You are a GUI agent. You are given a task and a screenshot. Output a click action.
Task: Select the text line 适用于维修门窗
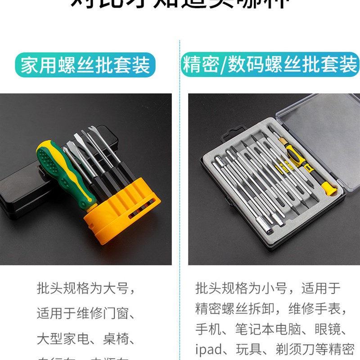(x=85, y=313)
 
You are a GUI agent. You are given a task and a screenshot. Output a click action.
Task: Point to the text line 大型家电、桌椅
(x=85, y=337)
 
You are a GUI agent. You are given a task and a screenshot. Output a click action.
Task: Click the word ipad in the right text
(x=209, y=349)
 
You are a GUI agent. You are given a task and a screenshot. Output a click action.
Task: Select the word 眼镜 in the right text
(x=333, y=329)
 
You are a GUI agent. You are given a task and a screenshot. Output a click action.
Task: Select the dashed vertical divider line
(x=180, y=180)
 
